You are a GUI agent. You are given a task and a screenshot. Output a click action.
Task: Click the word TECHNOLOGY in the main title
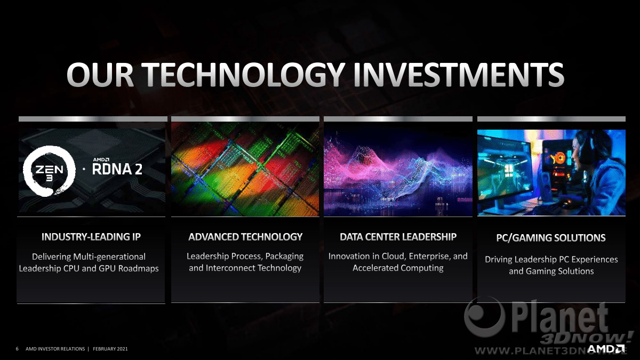tap(243, 75)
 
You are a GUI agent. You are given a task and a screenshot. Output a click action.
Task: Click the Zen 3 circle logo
tap(49, 171)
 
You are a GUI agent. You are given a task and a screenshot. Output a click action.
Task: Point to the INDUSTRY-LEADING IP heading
tap(91, 237)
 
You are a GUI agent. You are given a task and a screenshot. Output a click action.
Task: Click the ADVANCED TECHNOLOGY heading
tap(245, 237)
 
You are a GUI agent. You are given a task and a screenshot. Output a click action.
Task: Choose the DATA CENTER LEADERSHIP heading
tap(398, 237)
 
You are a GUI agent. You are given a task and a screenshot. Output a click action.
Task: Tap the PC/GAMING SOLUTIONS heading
tap(551, 238)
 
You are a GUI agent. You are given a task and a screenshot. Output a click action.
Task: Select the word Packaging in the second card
tap(284, 257)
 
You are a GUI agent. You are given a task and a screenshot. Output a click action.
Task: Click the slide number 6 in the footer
tap(17, 349)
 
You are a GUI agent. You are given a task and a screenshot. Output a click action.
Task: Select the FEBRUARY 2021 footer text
tap(110, 349)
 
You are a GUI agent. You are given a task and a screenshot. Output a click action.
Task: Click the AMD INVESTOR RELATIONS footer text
tap(55, 349)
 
